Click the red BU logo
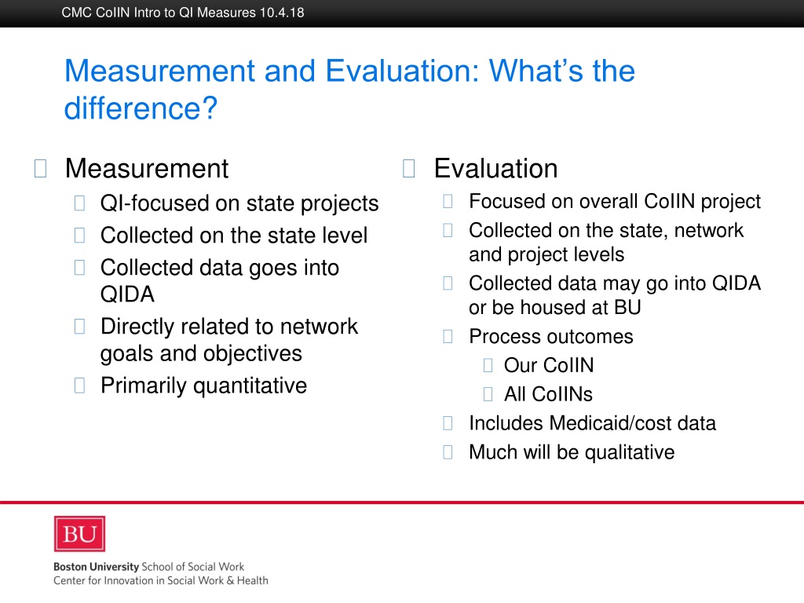(79, 534)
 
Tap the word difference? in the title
(141, 108)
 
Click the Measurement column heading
(147, 168)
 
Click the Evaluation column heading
(496, 168)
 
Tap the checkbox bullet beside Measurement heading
(41, 168)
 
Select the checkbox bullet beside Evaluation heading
(408, 168)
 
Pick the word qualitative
(630, 452)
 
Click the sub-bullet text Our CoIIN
(549, 365)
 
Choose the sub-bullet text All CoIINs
(548, 394)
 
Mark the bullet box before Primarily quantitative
(79, 385)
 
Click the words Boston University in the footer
(96, 567)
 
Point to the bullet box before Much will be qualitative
(448, 452)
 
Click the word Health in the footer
(253, 580)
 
